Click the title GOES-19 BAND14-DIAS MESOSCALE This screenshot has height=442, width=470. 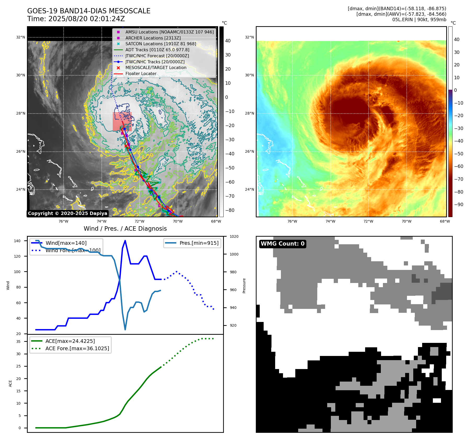(89, 11)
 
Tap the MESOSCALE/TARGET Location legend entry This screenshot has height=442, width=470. (156, 67)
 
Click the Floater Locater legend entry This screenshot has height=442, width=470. (141, 73)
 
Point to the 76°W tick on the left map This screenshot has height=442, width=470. (63, 221)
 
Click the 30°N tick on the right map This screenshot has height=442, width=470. (249, 75)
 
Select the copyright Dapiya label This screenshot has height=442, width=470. (67, 213)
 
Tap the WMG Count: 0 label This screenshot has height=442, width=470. (282, 244)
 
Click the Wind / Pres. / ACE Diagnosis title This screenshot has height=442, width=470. (125, 229)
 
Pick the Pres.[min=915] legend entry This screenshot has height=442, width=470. (199, 243)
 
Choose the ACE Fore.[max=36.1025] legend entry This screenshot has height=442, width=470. (77, 348)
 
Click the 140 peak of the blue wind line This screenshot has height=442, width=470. (125, 241)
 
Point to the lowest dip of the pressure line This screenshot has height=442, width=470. (125, 330)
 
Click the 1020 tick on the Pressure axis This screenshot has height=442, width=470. (234, 236)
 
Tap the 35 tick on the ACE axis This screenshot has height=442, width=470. (18, 342)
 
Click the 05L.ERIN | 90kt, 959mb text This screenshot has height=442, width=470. (419, 20)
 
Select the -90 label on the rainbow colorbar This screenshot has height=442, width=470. (458, 205)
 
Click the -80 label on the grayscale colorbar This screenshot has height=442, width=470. (230, 210)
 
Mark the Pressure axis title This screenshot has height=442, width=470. (244, 286)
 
